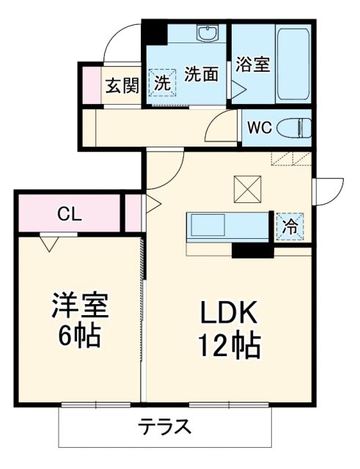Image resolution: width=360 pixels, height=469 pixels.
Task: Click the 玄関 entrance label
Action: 122,86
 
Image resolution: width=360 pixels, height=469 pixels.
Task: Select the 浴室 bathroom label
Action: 252,64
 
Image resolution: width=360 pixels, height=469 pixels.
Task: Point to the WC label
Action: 258,127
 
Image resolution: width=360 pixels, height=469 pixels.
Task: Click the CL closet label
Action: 70,214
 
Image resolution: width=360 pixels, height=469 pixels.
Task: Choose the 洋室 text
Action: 80,306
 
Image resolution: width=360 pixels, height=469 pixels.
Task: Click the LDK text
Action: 229,314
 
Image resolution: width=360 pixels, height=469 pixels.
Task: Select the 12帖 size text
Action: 229,345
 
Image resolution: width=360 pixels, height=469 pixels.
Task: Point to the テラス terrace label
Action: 165,426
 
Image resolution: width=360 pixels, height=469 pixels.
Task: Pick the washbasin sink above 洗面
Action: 208,33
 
